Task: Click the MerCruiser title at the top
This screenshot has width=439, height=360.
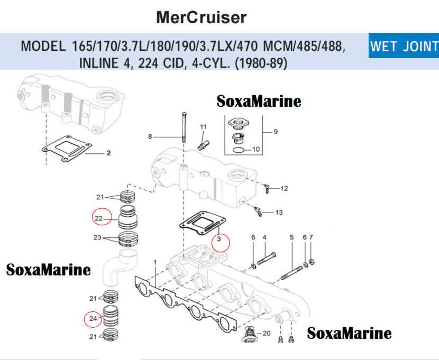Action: (x=201, y=17)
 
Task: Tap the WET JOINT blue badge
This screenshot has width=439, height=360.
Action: (x=404, y=47)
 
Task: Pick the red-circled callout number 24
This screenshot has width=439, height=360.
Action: (x=93, y=319)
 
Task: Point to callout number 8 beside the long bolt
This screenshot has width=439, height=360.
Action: (x=150, y=137)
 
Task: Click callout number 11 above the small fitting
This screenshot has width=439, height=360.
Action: (x=203, y=127)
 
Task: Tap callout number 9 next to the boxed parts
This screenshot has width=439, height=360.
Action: (x=275, y=132)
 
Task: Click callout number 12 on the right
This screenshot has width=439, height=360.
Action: (x=284, y=188)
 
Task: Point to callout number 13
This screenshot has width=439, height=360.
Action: (x=279, y=213)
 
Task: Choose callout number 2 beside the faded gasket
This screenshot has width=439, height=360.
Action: (x=108, y=154)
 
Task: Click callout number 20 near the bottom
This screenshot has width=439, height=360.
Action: (x=267, y=333)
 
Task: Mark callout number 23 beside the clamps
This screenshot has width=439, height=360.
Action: (x=97, y=237)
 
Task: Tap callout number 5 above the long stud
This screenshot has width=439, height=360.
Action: (x=291, y=237)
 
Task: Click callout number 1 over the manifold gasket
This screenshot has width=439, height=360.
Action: (x=155, y=262)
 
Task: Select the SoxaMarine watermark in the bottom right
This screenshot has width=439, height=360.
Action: (x=349, y=333)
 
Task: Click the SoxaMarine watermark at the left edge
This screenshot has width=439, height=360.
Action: (x=48, y=270)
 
